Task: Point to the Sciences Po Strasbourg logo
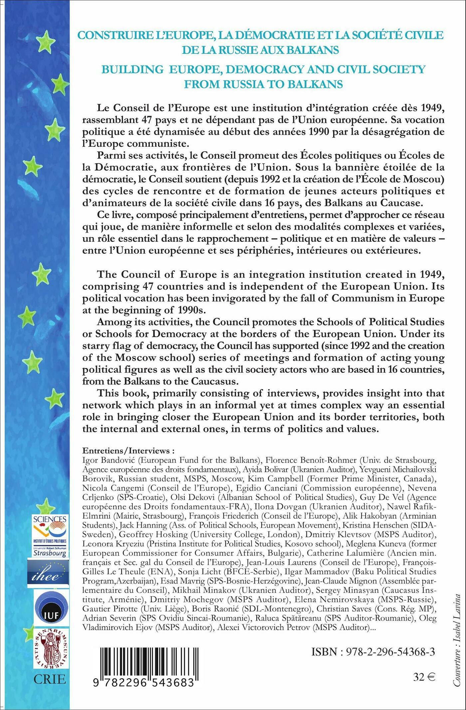[50, 535]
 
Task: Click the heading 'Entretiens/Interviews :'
[128, 451]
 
